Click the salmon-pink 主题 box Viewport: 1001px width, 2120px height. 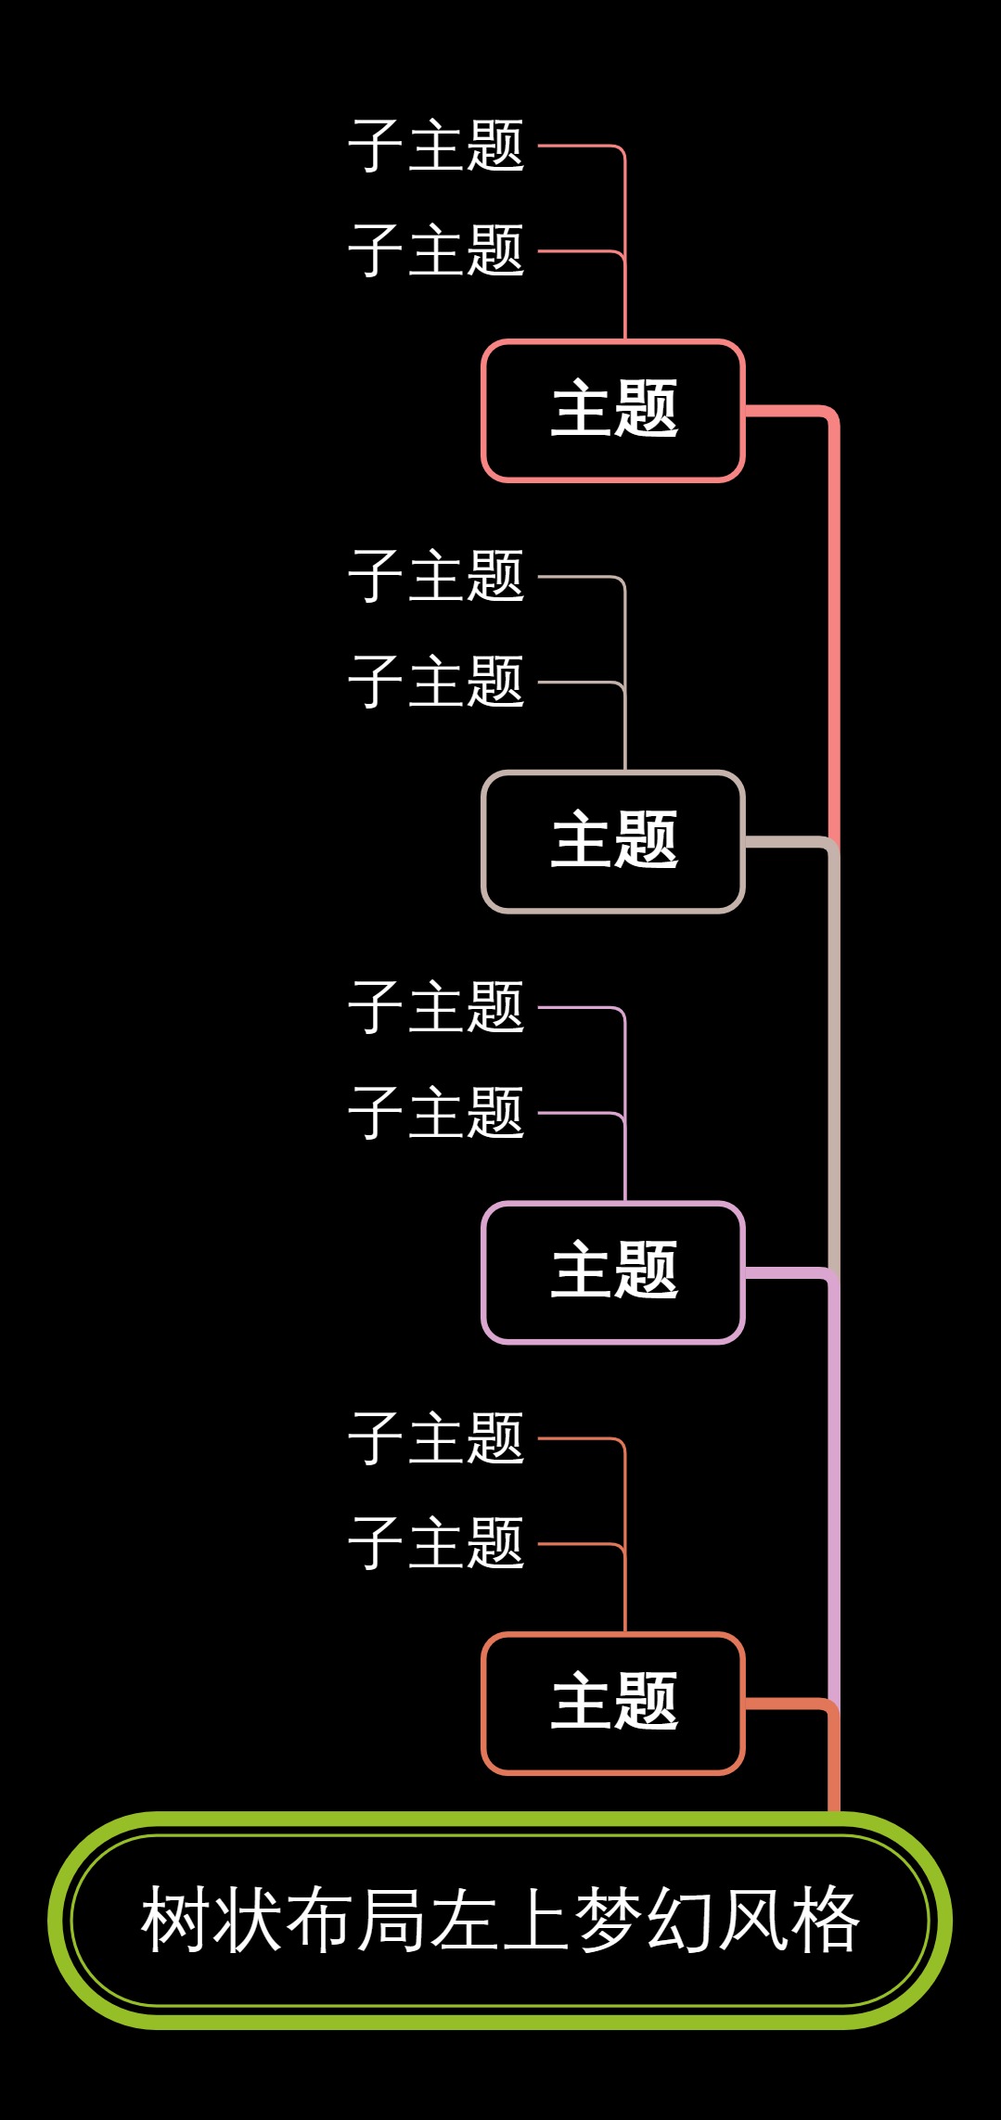point(613,410)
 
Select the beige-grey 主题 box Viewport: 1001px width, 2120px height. point(613,841)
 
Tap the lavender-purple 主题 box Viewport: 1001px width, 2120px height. point(613,1271)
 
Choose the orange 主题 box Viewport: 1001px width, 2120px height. point(613,1703)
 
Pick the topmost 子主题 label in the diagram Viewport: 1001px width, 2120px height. point(436,146)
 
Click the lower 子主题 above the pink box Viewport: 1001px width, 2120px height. point(436,250)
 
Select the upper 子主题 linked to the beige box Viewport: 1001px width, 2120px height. point(436,576)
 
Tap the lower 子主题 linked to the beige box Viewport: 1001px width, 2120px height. point(436,682)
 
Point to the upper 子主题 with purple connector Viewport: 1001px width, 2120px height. point(436,1007)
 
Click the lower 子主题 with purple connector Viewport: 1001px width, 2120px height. point(436,1112)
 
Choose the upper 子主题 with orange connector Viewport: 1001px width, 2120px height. point(436,1438)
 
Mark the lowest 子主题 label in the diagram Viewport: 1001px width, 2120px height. point(436,1543)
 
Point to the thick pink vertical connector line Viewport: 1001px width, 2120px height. point(833,631)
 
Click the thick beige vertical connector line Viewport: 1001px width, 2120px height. point(833,1057)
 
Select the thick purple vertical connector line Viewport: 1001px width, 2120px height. point(833,1484)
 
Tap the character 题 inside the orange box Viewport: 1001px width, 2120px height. point(647,1703)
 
